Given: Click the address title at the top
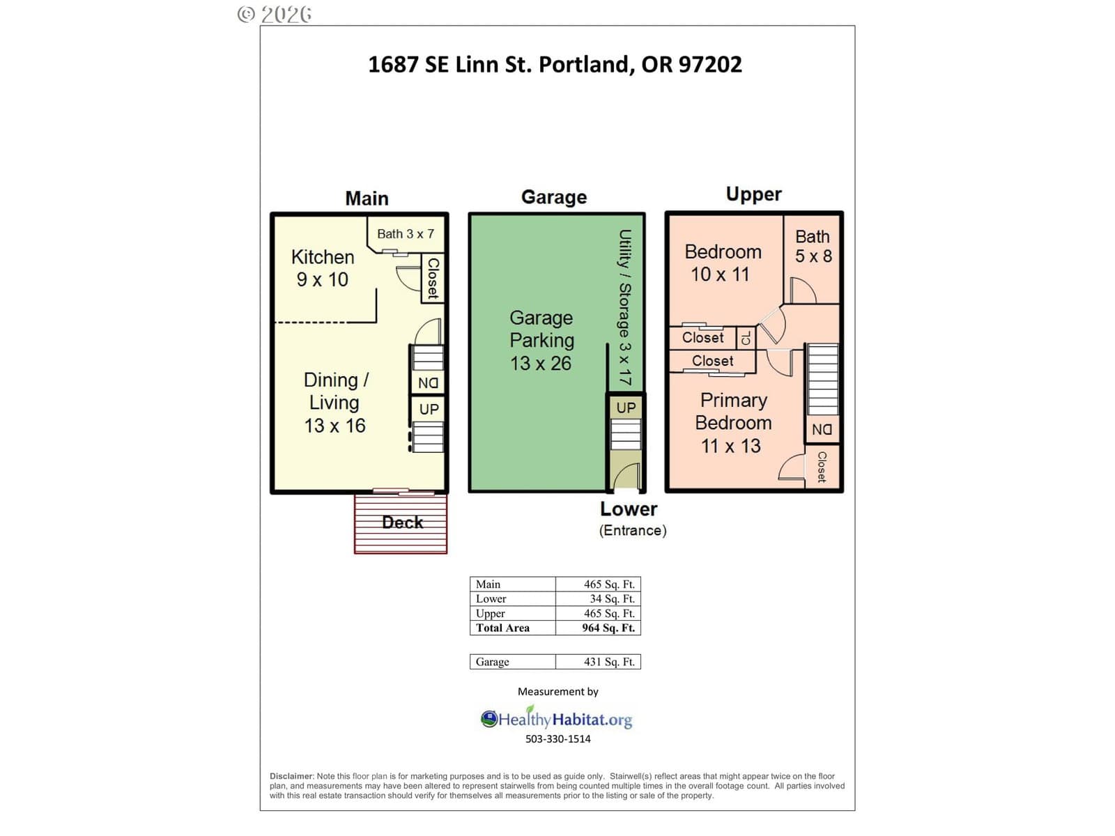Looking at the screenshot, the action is tap(554, 65).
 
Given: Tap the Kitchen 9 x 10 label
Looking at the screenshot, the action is tap(323, 268).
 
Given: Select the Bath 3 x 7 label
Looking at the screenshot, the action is tap(406, 234).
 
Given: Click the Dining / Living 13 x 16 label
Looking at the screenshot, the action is tap(335, 403).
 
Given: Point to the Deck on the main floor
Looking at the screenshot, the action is tap(401, 523).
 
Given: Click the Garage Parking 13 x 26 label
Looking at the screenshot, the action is tap(541, 340).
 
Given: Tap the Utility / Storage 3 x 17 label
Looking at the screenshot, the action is tap(625, 307).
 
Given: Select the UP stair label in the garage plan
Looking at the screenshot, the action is tap(626, 408).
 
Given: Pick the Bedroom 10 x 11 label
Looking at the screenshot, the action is tap(723, 263).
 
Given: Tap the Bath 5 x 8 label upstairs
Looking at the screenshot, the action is tap(813, 246).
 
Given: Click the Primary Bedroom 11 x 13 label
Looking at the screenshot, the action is tap(733, 423).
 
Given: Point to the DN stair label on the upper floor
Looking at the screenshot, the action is tap(822, 430).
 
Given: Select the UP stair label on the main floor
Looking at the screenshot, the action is tap(429, 409).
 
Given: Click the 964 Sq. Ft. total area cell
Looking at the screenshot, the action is tap(608, 628).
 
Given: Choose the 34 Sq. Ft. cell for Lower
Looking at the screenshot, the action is tap(612, 599).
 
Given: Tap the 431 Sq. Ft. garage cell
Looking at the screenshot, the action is tap(609, 662).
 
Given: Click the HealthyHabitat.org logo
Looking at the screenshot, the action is tap(557, 718).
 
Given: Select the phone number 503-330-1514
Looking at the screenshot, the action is tap(557, 739).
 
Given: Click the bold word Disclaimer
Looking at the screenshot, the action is tap(292, 776).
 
